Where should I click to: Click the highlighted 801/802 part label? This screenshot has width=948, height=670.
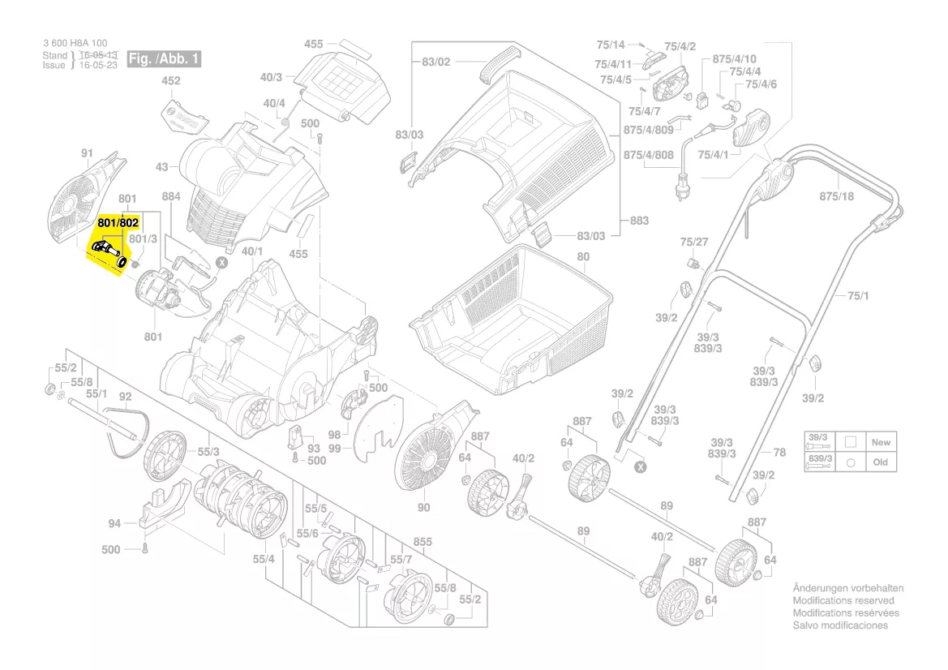click(118, 221)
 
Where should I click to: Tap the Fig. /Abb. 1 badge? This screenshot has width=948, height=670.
click(165, 59)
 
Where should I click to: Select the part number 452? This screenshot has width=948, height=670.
click(171, 81)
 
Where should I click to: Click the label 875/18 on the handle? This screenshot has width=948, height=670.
click(837, 196)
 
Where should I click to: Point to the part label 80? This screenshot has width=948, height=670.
click(583, 257)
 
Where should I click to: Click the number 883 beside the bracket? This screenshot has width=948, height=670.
click(640, 220)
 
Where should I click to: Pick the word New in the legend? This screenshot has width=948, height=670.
click(881, 443)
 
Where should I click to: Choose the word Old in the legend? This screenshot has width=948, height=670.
click(881, 462)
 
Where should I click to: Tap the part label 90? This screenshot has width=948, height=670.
click(423, 508)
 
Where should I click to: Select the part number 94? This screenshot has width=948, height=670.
click(114, 523)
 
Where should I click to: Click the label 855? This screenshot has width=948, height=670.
click(423, 542)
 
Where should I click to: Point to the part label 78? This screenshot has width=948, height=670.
click(779, 453)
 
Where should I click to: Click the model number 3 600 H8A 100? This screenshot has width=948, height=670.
click(75, 44)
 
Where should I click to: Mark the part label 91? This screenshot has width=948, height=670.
click(88, 152)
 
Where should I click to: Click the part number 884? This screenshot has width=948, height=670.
click(171, 196)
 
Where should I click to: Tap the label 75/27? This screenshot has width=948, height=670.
click(694, 242)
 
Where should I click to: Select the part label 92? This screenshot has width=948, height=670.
click(125, 397)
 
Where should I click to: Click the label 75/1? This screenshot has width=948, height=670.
click(858, 296)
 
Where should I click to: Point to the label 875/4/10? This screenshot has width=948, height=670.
click(735, 59)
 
